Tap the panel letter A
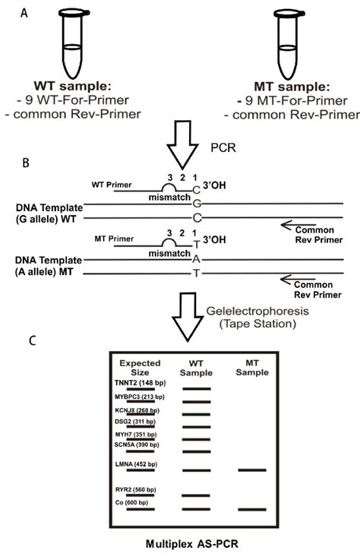24,14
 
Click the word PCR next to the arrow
223,147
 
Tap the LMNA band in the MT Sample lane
252,470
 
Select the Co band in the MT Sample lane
252,509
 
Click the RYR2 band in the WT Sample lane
196,495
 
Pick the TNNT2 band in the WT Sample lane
197,388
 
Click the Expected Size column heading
140,368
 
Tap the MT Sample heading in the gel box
252,368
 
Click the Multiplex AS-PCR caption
192,544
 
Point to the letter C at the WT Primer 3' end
197,190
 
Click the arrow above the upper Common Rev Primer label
298,224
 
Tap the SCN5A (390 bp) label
137,445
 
